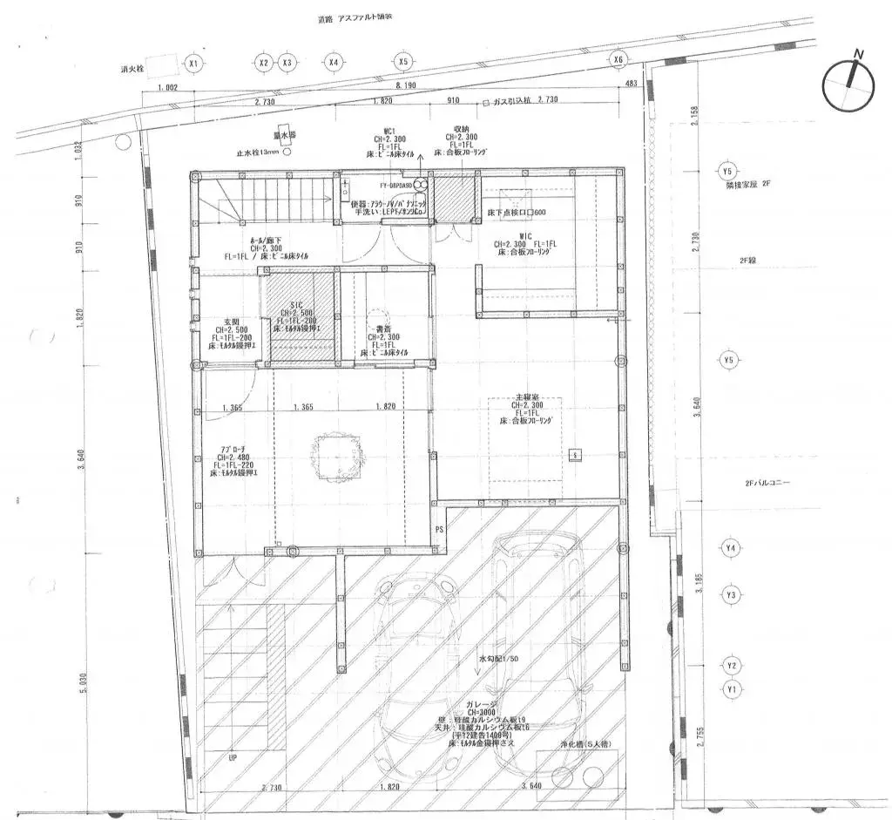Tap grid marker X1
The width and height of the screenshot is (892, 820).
pos(193,64)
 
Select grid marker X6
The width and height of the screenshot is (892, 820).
pos(618,59)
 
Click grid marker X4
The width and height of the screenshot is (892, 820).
pos(334,62)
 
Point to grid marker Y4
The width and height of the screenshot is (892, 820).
pos(731,548)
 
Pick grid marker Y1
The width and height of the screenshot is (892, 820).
pos(731,688)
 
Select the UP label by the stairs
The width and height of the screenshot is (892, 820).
pos(232,758)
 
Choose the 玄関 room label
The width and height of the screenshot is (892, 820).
pos(231,321)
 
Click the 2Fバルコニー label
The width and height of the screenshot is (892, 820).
pos(767,482)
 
